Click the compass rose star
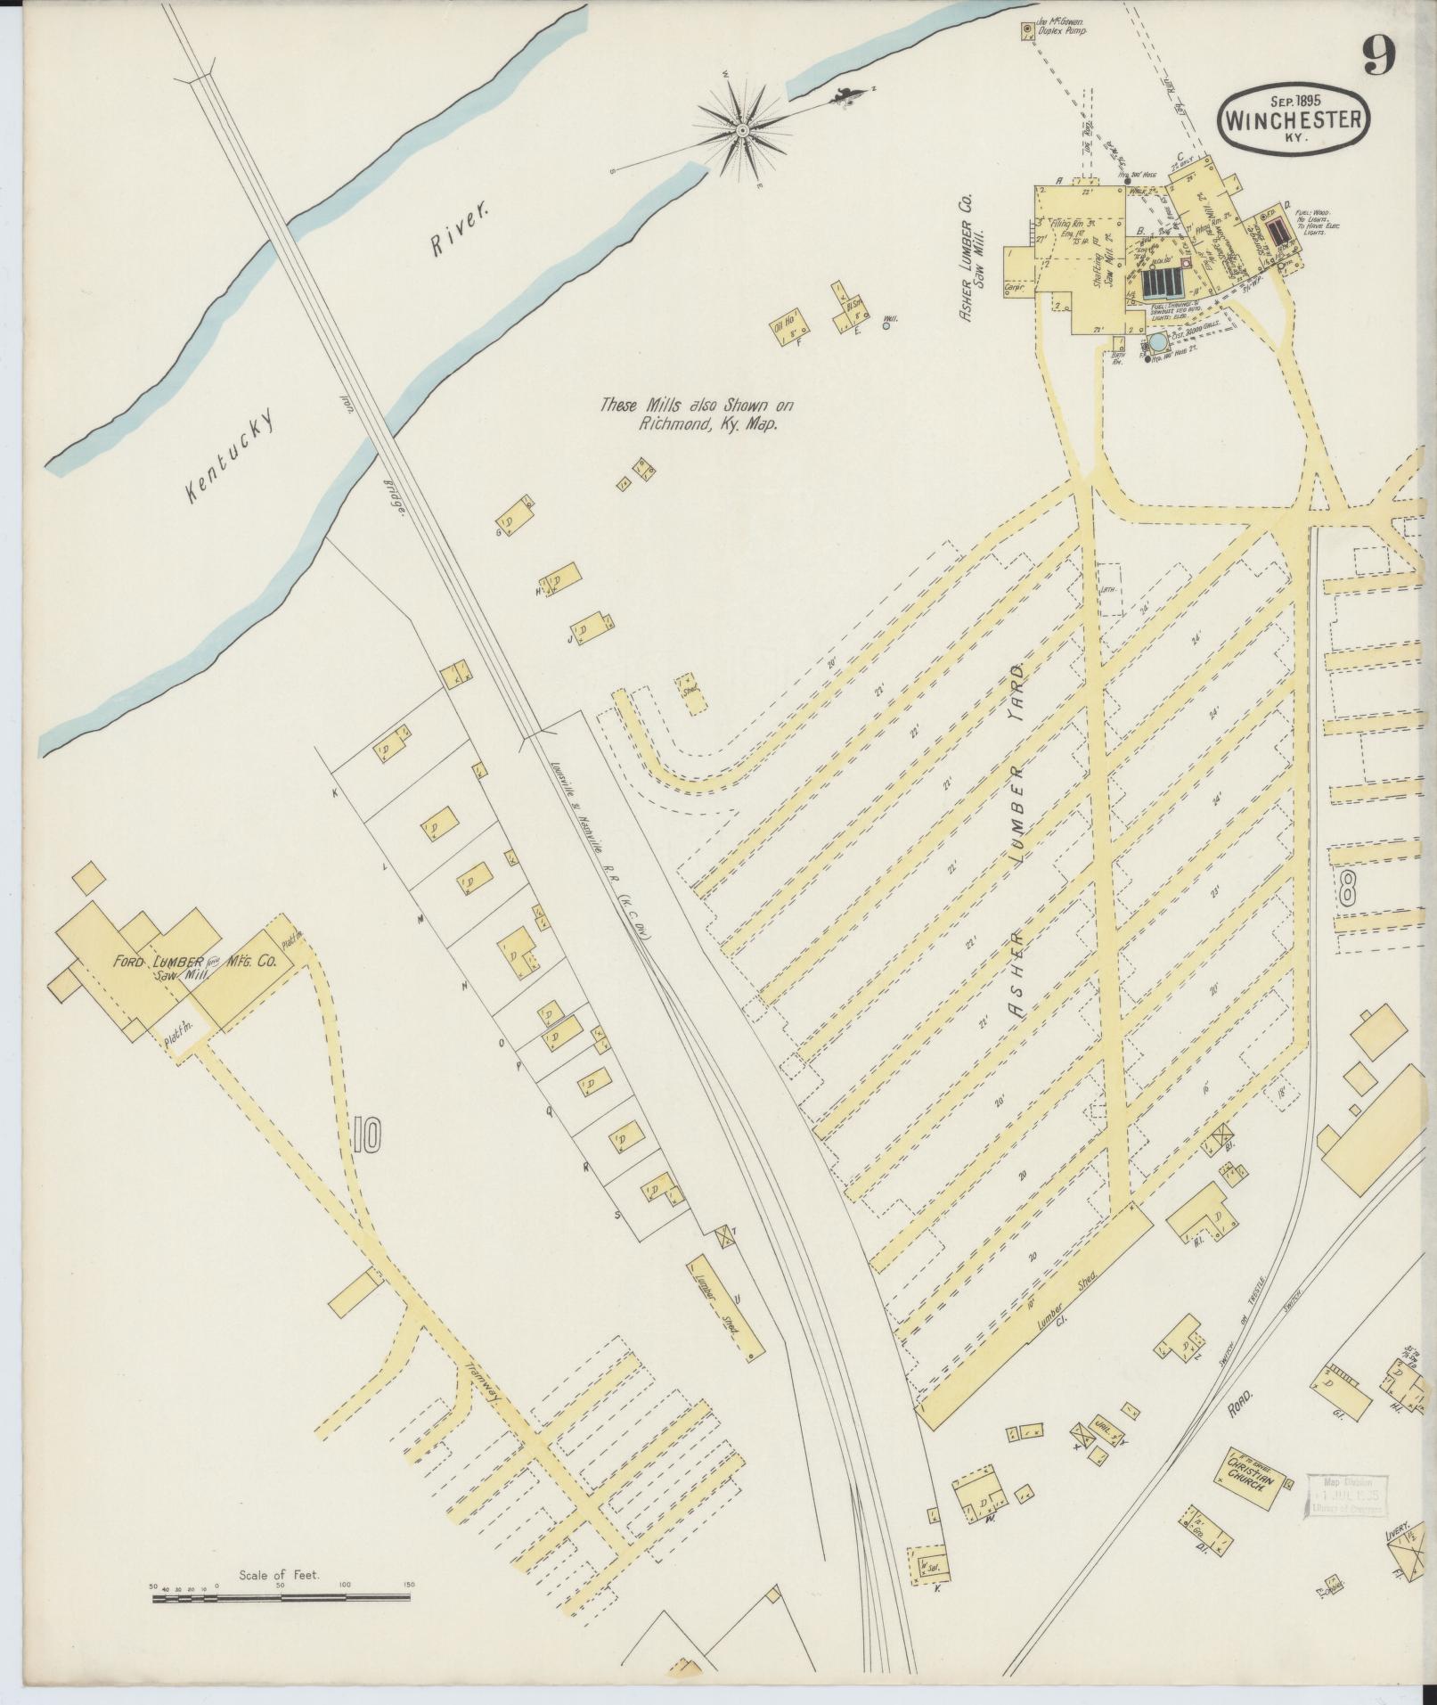(742, 131)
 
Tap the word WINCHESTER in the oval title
(1294, 120)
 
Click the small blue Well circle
(886, 326)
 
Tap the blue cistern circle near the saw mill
(1157, 342)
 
